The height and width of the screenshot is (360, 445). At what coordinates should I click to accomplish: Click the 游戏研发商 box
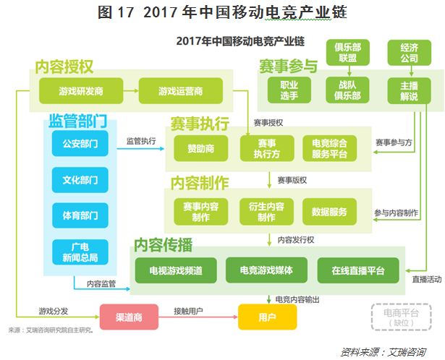click(x=80, y=91)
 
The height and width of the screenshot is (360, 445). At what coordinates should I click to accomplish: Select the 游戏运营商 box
click(x=180, y=91)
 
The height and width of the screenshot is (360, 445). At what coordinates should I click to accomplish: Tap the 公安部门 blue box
click(x=80, y=144)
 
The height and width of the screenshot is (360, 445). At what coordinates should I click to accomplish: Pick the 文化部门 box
click(x=80, y=179)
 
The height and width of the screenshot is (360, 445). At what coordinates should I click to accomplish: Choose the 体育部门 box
click(x=80, y=215)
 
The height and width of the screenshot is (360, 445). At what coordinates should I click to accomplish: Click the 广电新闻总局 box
click(x=80, y=252)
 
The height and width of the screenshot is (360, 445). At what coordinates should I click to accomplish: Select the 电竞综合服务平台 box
click(x=329, y=148)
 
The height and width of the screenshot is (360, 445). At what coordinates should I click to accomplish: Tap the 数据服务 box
click(x=329, y=212)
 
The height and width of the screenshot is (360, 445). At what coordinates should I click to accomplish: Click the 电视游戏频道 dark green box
click(x=176, y=271)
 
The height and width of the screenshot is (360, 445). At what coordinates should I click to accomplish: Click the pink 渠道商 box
click(x=128, y=317)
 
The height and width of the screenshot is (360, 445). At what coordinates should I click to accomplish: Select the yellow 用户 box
click(x=267, y=317)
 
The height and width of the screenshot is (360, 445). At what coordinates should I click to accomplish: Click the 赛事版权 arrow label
click(x=292, y=179)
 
